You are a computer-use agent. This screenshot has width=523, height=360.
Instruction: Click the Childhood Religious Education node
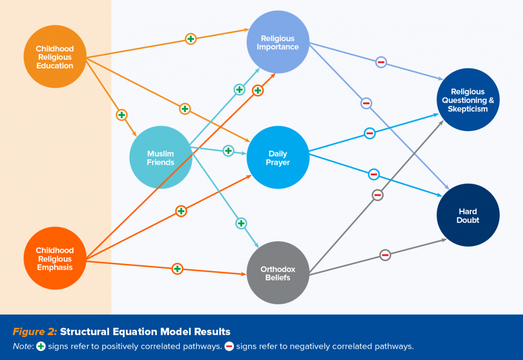pyautogui.click(x=55, y=57)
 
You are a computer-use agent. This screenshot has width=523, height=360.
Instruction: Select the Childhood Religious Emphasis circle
pyautogui.click(x=55, y=258)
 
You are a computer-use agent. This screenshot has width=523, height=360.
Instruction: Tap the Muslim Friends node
pyautogui.click(x=160, y=158)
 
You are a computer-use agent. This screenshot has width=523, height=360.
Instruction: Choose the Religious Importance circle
pyautogui.click(x=278, y=42)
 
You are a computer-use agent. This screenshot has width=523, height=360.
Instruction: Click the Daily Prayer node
pyautogui.click(x=278, y=158)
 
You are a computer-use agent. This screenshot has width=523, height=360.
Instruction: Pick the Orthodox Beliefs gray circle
pyautogui.click(x=278, y=273)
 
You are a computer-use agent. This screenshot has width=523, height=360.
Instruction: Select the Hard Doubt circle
pyautogui.click(x=468, y=215)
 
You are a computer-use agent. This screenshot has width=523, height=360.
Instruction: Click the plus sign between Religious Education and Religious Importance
pyautogui.click(x=191, y=39)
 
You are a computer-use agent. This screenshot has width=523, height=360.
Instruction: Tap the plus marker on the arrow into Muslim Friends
pyautogui.click(x=122, y=115)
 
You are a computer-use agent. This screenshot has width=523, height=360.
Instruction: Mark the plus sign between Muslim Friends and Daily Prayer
pyautogui.click(x=228, y=151)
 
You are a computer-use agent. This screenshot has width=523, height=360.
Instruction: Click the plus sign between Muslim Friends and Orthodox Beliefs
pyautogui.click(x=241, y=223)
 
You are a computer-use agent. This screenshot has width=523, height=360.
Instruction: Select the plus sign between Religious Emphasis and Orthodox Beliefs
pyautogui.click(x=177, y=269)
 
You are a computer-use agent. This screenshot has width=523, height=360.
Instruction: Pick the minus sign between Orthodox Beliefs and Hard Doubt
pyautogui.click(x=385, y=255)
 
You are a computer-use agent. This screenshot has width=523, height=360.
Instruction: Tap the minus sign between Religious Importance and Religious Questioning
pyautogui.click(x=381, y=62)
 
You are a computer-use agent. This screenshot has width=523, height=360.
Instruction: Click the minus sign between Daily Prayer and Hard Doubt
pyautogui.click(x=374, y=174)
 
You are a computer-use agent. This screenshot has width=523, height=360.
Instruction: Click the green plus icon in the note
pyautogui.click(x=41, y=346)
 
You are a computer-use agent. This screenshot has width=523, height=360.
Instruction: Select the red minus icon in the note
pyautogui.click(x=229, y=346)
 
